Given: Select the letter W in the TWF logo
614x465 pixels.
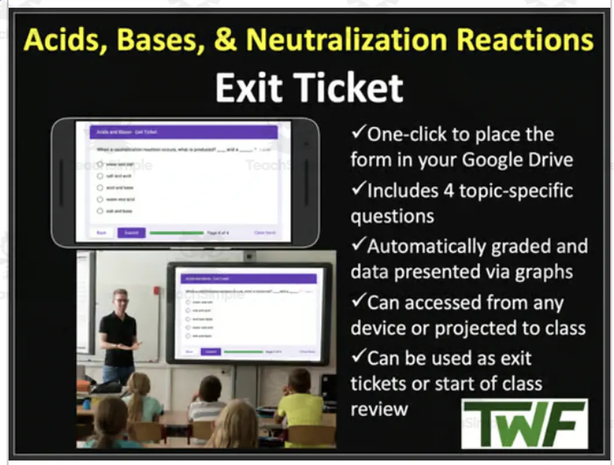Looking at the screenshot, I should [x=524, y=424].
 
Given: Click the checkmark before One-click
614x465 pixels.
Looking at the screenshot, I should [x=358, y=134].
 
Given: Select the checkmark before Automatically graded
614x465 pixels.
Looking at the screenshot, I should [x=358, y=246].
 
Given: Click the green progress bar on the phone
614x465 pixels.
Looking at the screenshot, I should [x=175, y=233].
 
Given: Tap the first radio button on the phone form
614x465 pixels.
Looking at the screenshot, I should [x=100, y=164].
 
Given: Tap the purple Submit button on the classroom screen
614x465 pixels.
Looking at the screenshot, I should [x=210, y=352].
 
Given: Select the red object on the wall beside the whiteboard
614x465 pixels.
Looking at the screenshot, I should [x=156, y=289].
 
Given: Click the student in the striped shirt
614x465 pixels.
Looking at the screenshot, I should [x=208, y=404].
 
